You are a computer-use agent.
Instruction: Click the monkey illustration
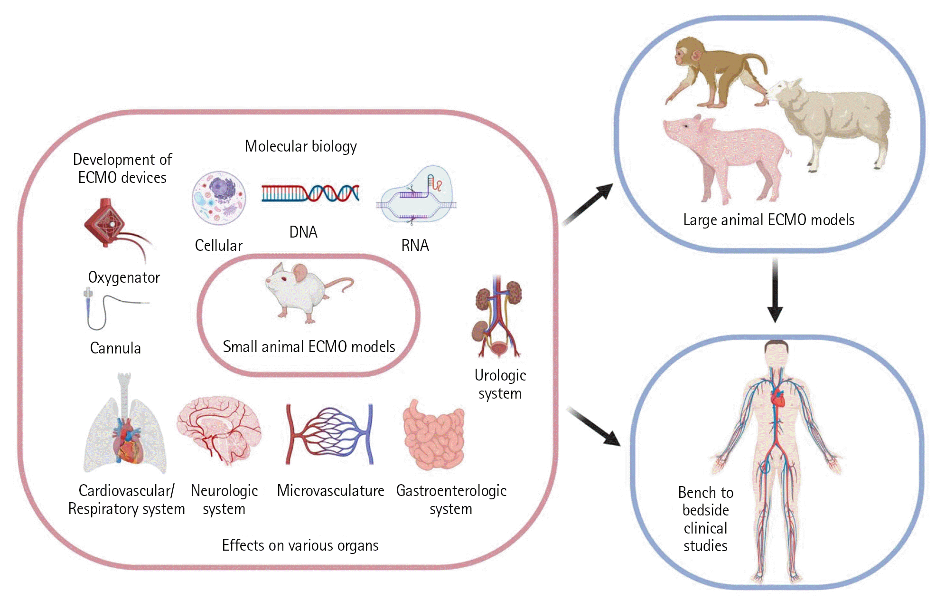712,71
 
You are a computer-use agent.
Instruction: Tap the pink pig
726,152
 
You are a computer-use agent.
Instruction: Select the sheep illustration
835,119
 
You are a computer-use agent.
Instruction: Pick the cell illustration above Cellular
219,198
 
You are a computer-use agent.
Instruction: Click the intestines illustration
433,435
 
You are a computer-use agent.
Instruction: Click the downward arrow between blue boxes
775,290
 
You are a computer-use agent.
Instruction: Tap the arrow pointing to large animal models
588,204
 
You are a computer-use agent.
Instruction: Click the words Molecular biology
300,146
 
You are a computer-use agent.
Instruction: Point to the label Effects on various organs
300,545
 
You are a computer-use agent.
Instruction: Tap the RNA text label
415,245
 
